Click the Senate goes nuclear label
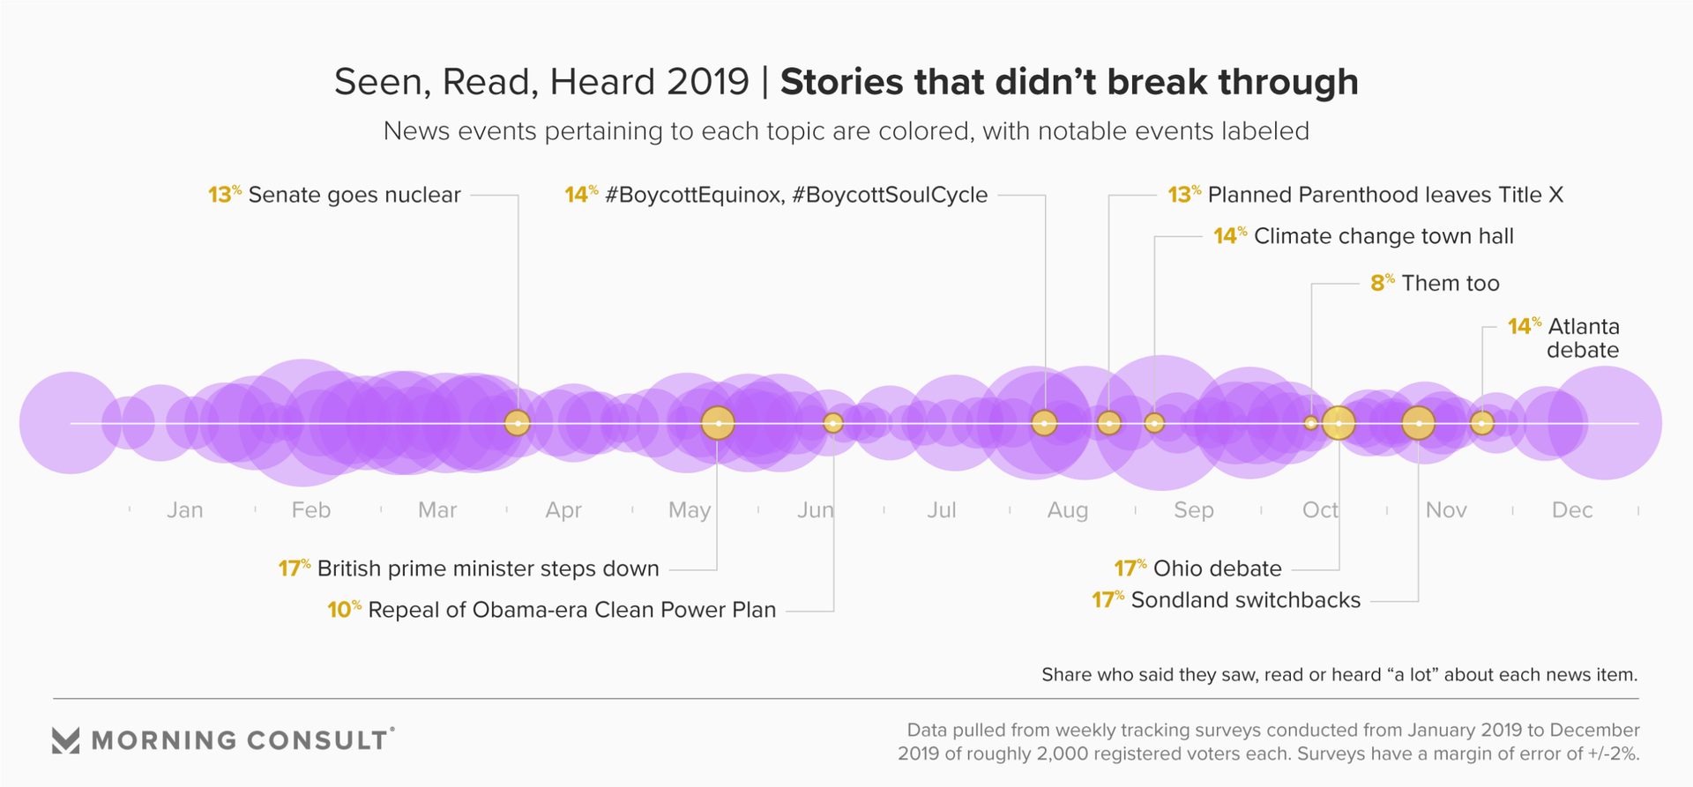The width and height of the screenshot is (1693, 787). [x=354, y=195]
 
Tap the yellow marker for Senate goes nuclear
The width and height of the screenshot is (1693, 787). [x=518, y=423]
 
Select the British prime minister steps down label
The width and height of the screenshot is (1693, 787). [x=488, y=568]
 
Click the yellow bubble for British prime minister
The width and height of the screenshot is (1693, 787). [x=718, y=423]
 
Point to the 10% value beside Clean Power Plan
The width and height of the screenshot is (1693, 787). [x=344, y=610]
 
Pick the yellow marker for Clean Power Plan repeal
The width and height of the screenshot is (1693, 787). [x=833, y=423]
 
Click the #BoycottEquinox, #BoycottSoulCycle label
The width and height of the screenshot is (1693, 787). [x=796, y=195]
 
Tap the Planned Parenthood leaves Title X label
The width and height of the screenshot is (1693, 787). [x=1385, y=195]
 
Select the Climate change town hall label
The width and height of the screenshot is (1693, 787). [x=1383, y=236]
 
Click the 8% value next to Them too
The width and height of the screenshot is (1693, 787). [x=1382, y=283]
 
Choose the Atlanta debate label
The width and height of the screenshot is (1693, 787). [x=1584, y=338]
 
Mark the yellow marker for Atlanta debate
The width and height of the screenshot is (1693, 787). [x=1482, y=423]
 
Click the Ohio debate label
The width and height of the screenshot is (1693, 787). [x=1217, y=568]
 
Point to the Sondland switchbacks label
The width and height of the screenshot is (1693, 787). [x=1245, y=600]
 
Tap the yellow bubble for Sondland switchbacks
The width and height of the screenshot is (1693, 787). [x=1418, y=423]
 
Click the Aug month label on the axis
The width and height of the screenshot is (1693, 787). [x=1068, y=510]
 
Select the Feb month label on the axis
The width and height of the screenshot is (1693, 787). [x=311, y=510]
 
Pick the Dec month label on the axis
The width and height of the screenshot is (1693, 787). [x=1572, y=510]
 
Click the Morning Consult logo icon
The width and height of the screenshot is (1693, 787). [x=66, y=740]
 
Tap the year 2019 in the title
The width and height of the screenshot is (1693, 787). [x=707, y=82]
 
